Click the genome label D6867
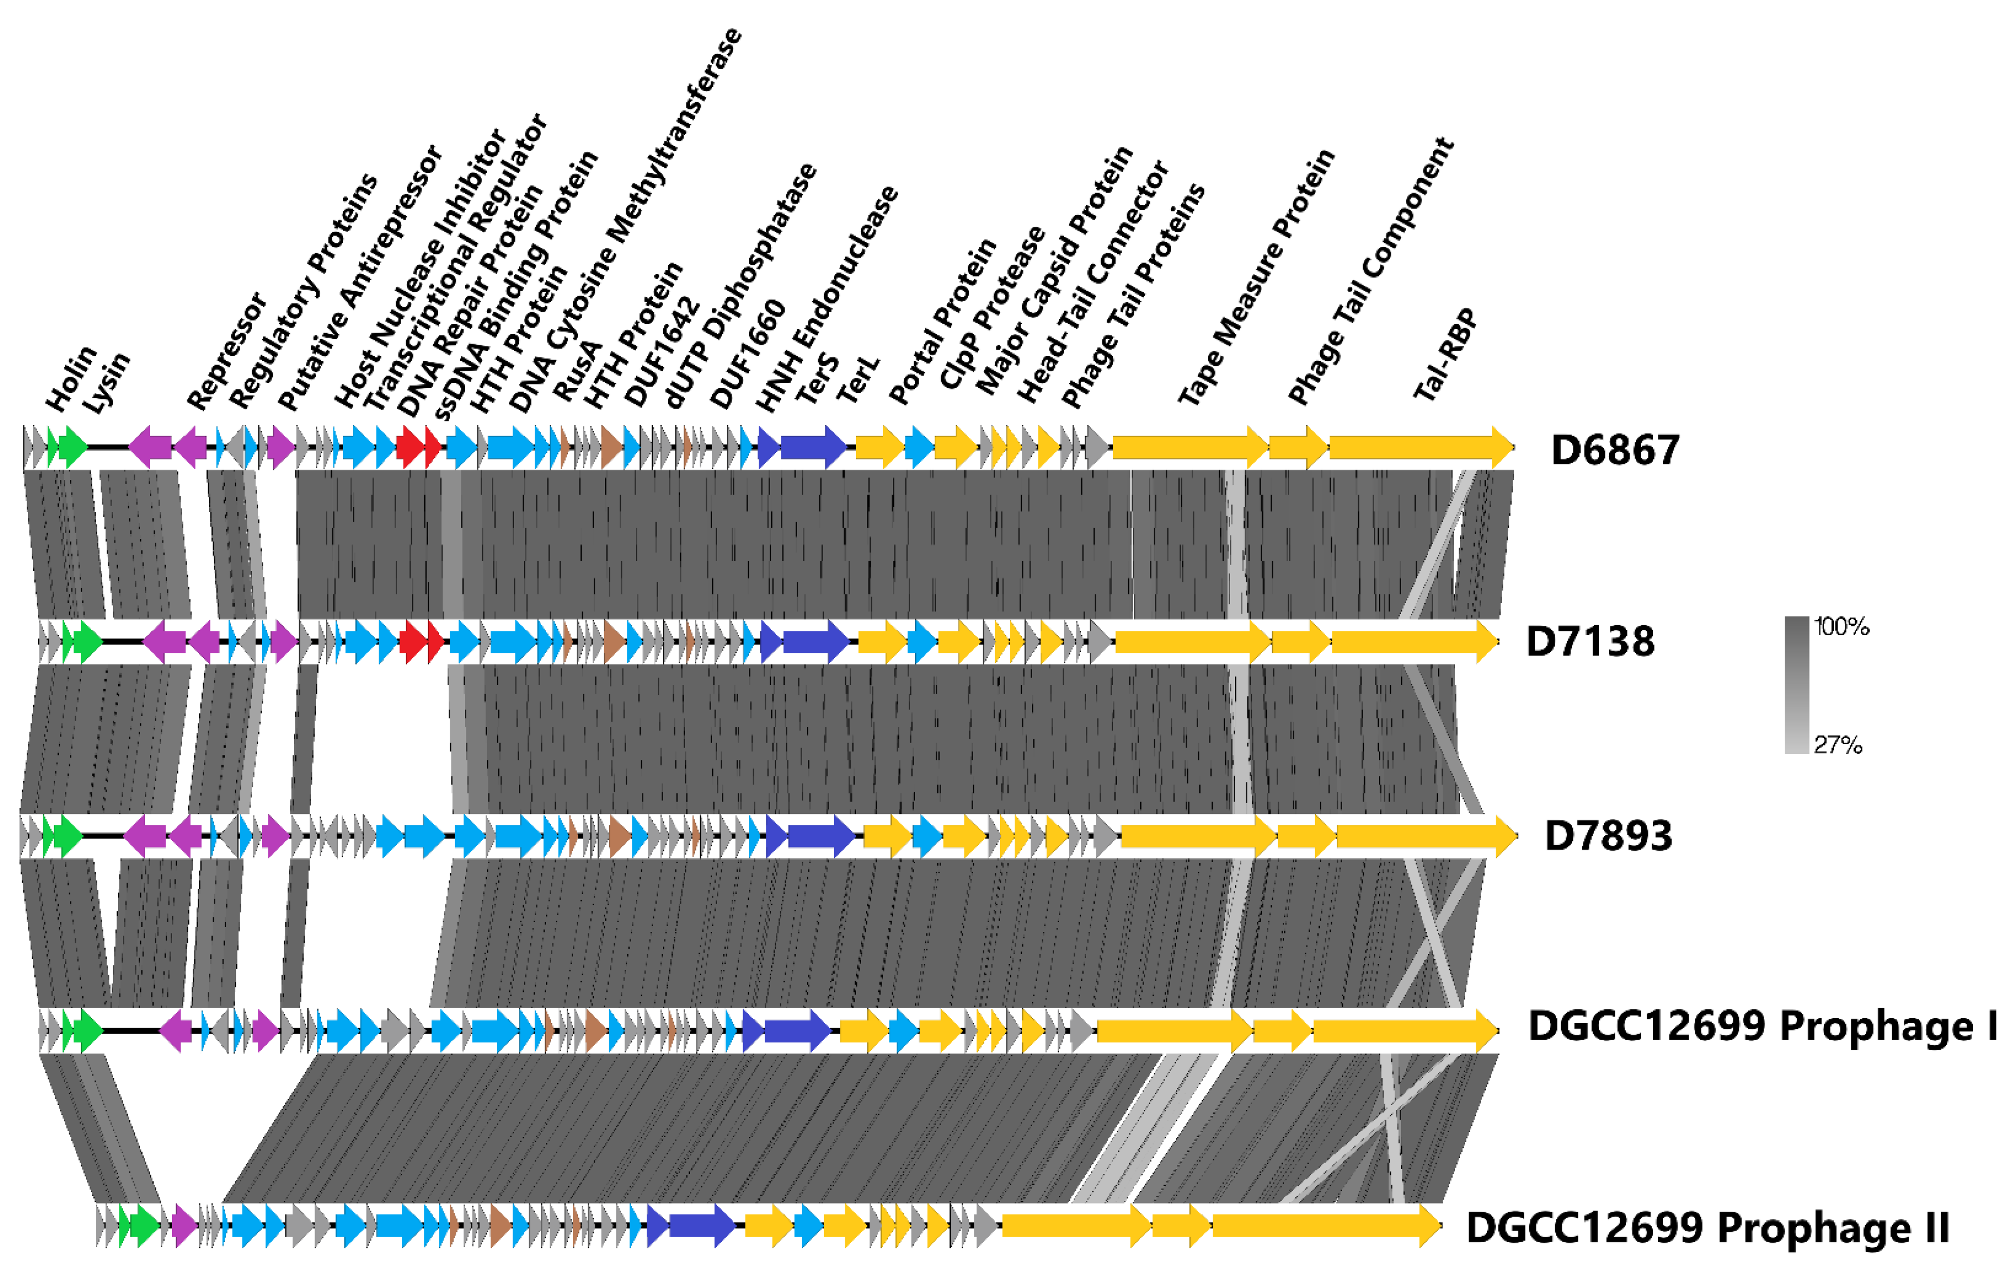[1614, 450]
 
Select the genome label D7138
[1589, 642]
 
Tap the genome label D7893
[1608, 835]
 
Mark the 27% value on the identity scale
[1837, 744]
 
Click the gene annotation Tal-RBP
[1445, 355]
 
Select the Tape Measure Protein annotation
[1256, 278]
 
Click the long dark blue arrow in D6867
[812, 447]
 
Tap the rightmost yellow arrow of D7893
[1425, 836]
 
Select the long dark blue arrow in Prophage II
[700, 1225]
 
